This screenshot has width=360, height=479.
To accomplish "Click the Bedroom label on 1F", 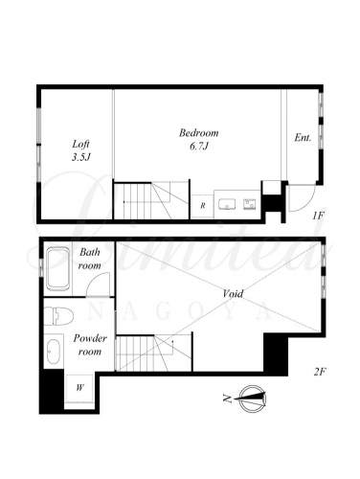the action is pos(198,133).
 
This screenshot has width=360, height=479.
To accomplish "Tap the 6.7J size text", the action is pos(199,147).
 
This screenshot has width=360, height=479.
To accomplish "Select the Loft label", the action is pos(80,144).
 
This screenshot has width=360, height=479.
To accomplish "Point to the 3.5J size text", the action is pos(80,157).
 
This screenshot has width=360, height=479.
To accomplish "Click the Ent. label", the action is pos(303,138).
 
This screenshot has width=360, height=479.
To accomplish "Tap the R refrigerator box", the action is pos(202,206).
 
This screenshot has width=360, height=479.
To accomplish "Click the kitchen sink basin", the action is pos(227,204).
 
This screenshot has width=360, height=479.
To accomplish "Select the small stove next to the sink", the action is pos(250,204).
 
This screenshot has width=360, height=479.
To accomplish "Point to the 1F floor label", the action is pos(318,216).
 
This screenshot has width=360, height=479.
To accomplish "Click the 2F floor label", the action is pos(320,372).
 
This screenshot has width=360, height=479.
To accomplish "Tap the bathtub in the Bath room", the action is pos(58,269).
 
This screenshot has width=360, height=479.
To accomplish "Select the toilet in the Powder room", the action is pos(58,316).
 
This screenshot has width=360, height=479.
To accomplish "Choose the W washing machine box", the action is pos(79,388).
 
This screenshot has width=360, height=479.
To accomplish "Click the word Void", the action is pos(233,293).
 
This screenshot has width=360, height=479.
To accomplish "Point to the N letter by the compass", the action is pos(228,399).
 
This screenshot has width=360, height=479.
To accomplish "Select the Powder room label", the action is pos(90,345).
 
